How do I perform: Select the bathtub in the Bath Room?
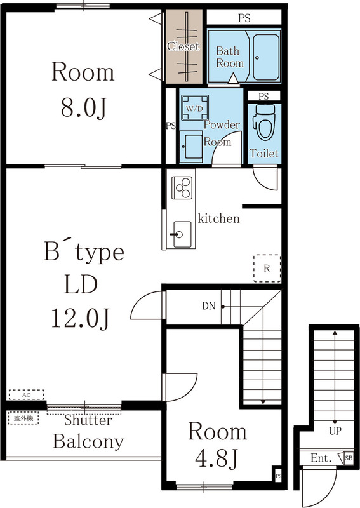click(267, 56)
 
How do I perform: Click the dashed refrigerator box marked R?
click(267, 268)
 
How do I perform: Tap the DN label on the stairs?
click(209, 306)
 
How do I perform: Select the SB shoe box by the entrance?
click(349, 458)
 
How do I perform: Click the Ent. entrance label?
click(320, 458)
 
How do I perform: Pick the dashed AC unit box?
click(26, 394)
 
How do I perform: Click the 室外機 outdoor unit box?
click(23, 418)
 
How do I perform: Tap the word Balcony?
click(88, 441)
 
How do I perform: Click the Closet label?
click(183, 46)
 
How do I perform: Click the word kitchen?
click(219, 219)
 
